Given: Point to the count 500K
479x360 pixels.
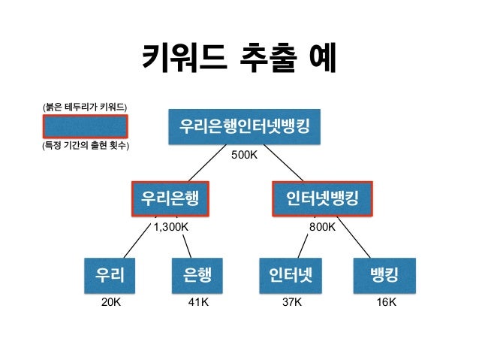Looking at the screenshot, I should (244, 156).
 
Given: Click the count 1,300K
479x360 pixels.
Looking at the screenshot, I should (170, 225).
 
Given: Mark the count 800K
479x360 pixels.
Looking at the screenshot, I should (322, 225).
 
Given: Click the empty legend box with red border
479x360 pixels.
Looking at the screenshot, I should (85, 126).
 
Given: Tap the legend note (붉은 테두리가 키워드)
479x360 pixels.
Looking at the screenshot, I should (85, 107).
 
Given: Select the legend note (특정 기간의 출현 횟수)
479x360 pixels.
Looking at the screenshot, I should (85, 146).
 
